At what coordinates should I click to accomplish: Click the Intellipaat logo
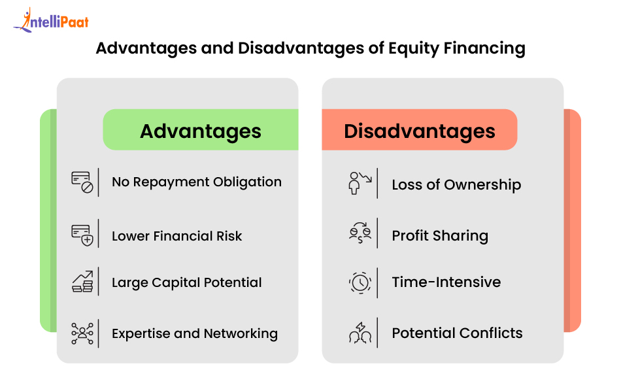[x=51, y=20]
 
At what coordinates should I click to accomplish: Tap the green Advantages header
[x=201, y=130]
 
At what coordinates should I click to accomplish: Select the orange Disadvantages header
[x=420, y=130]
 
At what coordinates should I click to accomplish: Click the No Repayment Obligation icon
[x=82, y=182]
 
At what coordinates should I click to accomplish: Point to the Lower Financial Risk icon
[x=82, y=235]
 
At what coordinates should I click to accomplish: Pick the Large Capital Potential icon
[x=82, y=282]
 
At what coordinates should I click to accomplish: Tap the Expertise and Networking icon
[x=82, y=333]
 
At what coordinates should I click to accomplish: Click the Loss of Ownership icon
[x=360, y=183]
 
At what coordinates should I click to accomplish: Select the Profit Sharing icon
[x=360, y=233]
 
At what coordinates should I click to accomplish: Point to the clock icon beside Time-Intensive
[x=360, y=283]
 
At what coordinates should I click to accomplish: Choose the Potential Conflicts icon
[x=360, y=333]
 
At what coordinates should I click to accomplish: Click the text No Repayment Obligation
[x=197, y=182]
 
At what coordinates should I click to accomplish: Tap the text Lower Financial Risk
[x=176, y=236]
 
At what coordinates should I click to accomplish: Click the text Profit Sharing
[x=440, y=236]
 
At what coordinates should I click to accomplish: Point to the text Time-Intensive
[x=446, y=282]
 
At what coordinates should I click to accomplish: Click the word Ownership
[x=482, y=185]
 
